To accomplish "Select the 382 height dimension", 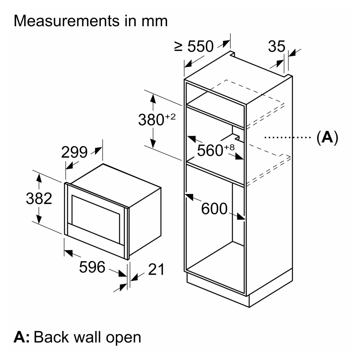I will (x=39, y=199).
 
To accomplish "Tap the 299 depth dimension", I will (x=74, y=152).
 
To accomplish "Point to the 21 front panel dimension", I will (x=156, y=269).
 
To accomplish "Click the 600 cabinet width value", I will (x=214, y=209).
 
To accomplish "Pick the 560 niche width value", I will (x=210, y=151).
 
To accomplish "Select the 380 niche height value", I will (x=151, y=120).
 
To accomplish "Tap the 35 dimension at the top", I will (x=276, y=46).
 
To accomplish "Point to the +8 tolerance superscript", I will (x=229, y=147).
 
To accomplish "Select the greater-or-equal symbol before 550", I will (x=179, y=46).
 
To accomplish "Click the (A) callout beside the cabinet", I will (x=327, y=137).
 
